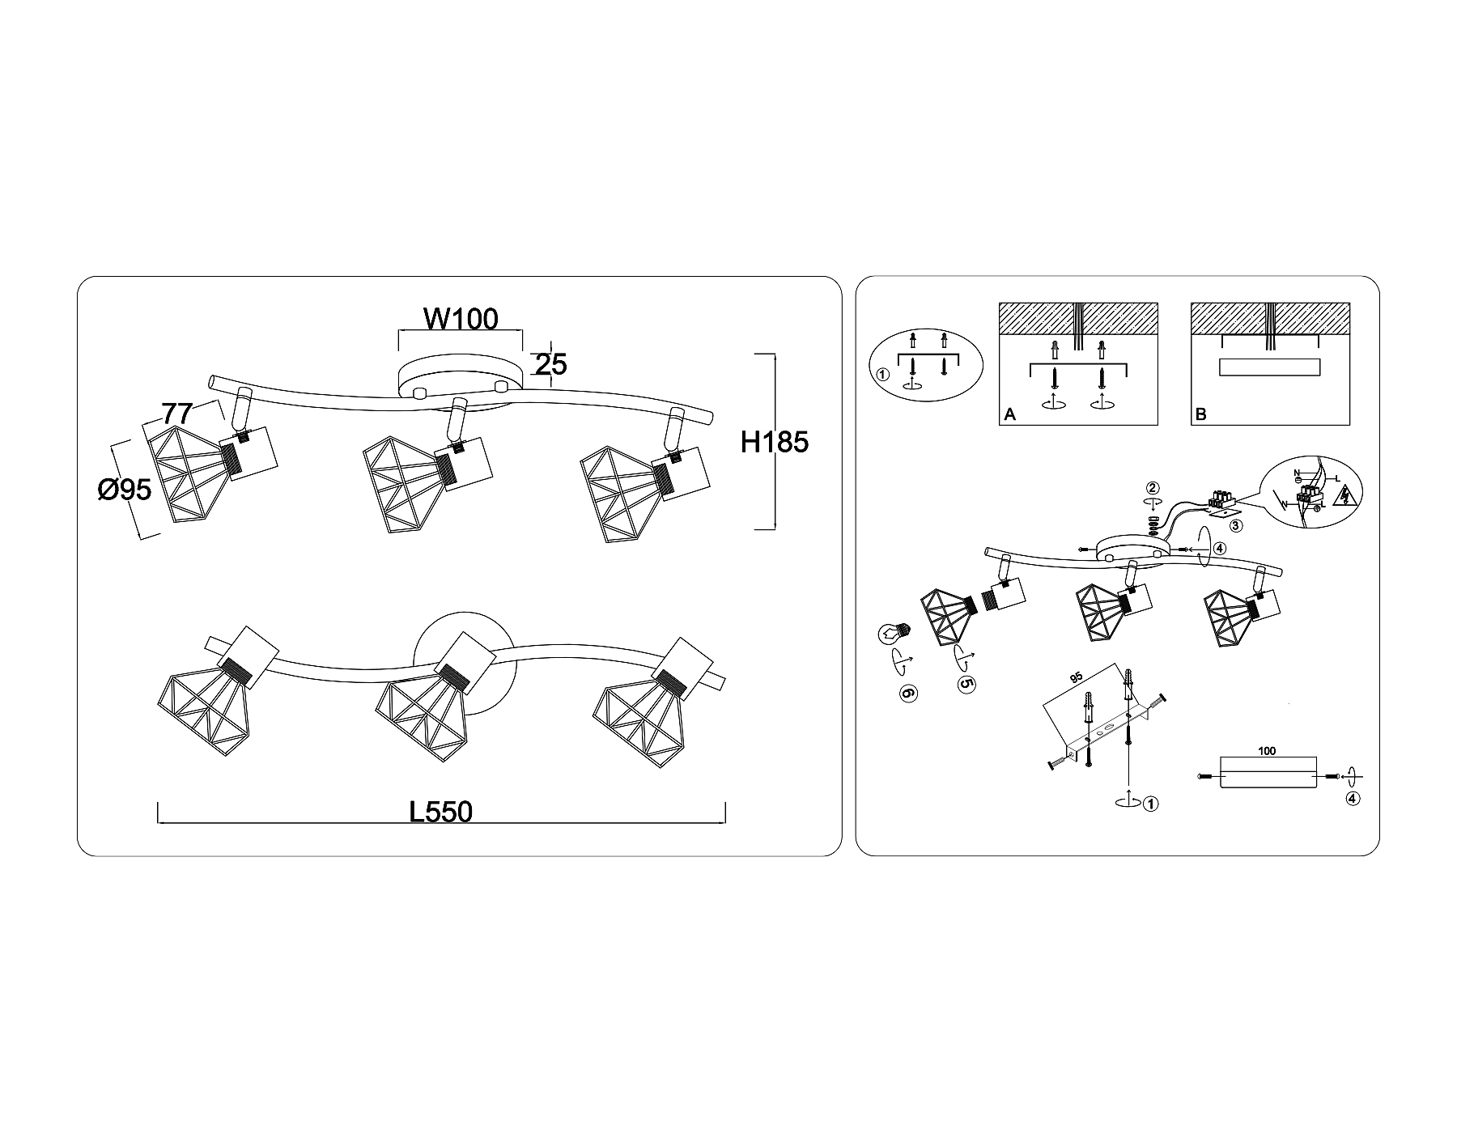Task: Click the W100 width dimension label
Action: coord(461,319)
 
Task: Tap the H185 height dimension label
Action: coord(775,442)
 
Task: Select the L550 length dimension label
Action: coord(440,811)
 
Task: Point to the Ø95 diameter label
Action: coord(125,489)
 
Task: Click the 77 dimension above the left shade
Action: coord(176,414)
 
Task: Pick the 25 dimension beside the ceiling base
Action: coord(550,365)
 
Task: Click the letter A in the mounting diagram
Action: coord(1009,414)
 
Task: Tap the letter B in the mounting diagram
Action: coord(1200,414)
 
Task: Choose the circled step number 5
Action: coord(966,683)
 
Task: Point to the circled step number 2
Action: coord(1153,488)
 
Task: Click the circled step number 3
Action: coord(1235,525)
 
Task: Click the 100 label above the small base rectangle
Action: coord(1267,751)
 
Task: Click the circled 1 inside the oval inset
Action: coord(883,376)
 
